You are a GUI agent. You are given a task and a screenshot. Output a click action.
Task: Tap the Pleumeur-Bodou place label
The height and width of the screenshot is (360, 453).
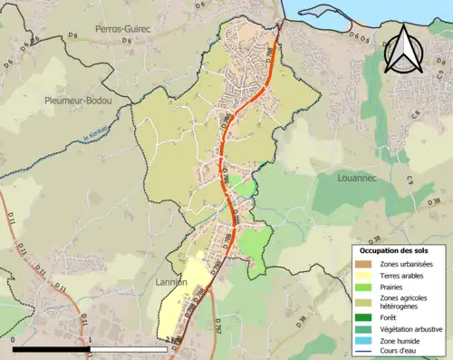pos(78,102)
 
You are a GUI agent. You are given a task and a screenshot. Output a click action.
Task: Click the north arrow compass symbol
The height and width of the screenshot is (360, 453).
pos(403,49)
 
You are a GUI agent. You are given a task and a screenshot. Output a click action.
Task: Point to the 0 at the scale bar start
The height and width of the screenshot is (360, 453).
pos(14,341)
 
